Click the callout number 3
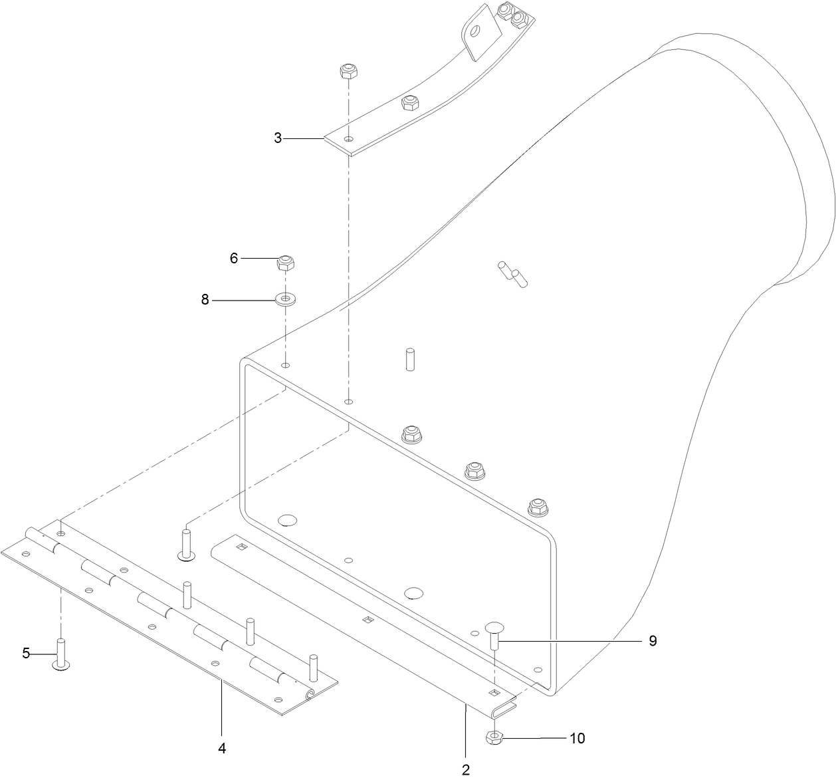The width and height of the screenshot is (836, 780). [x=278, y=138]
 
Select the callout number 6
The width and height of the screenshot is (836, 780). [x=233, y=258]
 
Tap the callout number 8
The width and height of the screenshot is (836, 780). [x=205, y=300]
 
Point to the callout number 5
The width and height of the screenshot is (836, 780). [x=26, y=653]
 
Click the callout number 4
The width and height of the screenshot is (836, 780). [x=222, y=748]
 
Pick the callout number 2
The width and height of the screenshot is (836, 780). [x=466, y=769]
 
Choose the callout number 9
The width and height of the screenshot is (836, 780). [x=653, y=640]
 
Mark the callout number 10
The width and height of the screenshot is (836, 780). [x=577, y=738]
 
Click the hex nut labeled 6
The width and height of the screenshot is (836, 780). [x=286, y=263]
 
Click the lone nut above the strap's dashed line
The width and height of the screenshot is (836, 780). [x=348, y=71]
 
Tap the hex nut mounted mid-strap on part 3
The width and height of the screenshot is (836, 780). [x=409, y=103]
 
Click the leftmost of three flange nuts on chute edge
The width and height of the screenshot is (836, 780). [x=411, y=434]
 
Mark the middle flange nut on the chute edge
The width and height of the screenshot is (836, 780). [x=474, y=470]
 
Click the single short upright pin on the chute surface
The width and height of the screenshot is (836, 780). [x=410, y=359]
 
